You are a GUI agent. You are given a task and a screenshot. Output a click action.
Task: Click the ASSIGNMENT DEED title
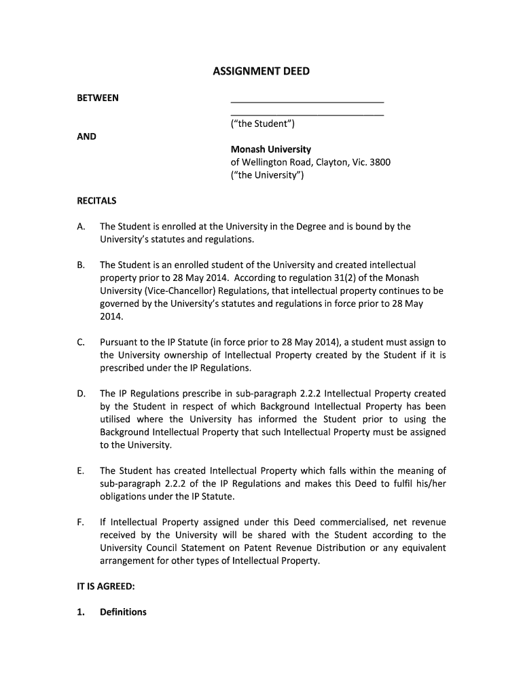click(x=261, y=71)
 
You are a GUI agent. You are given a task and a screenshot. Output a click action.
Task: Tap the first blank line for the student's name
click(x=307, y=101)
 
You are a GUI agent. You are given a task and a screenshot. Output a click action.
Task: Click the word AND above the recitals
click(x=86, y=136)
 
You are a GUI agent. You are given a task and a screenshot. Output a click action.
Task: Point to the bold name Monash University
click(x=270, y=149)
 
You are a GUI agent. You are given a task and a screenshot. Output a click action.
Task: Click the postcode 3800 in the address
click(x=380, y=162)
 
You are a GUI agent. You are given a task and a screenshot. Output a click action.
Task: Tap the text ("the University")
click(x=268, y=175)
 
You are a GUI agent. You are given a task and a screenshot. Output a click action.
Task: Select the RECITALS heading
click(x=96, y=201)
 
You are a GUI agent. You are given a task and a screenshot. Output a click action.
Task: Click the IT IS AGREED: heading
click(x=105, y=586)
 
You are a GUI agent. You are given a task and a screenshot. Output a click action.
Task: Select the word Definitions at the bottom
click(x=123, y=612)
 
